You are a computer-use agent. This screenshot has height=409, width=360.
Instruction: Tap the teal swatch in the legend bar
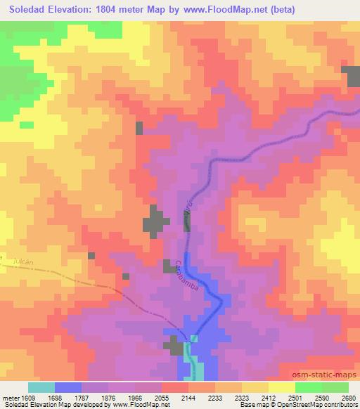(x=41, y=387)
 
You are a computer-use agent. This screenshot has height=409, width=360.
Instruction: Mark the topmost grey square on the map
(x=139, y=127)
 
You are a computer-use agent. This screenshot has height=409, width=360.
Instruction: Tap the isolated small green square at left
(x=27, y=125)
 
